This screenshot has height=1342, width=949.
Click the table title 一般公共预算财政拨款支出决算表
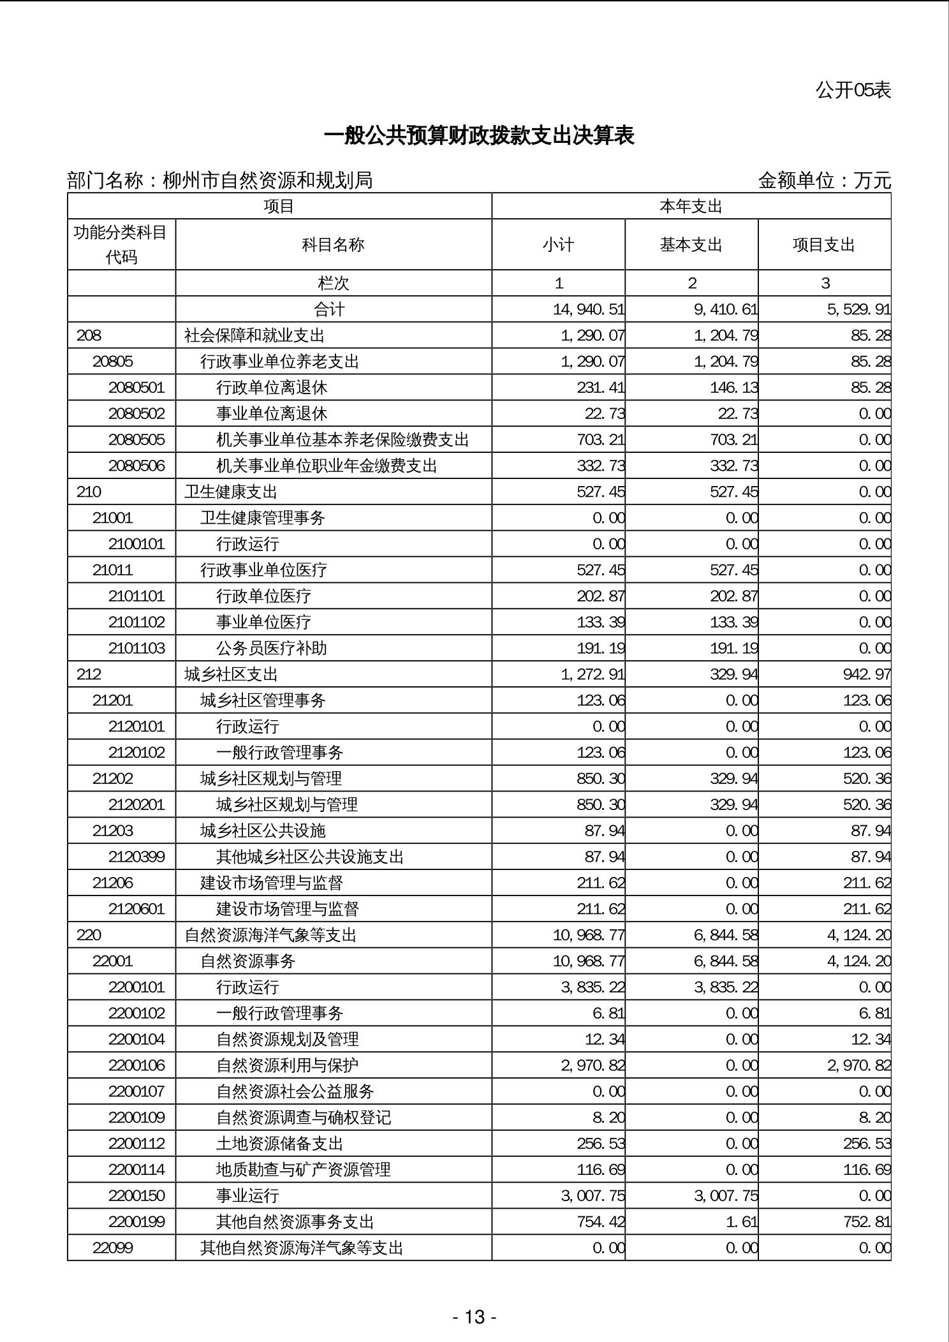(479, 136)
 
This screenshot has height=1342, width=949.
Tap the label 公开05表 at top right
(853, 91)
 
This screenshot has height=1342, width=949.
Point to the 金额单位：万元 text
(824, 181)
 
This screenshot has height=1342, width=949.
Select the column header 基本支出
(691, 245)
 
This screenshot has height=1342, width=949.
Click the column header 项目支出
(824, 245)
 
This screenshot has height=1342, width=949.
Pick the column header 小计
(558, 245)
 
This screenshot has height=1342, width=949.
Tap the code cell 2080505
(136, 440)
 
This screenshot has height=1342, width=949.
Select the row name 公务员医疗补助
(272, 649)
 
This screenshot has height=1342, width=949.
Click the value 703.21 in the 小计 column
(601, 440)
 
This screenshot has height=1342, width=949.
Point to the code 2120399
(136, 857)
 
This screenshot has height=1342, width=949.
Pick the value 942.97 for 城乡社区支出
(867, 675)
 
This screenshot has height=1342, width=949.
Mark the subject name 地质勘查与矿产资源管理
(304, 1170)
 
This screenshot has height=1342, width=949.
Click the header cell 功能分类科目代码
(121, 245)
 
